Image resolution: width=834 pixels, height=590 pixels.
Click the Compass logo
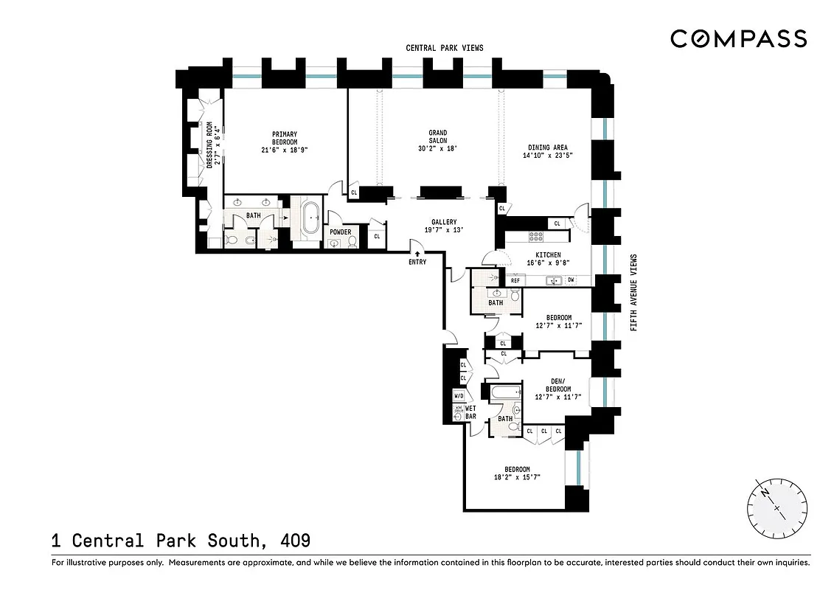click(x=738, y=38)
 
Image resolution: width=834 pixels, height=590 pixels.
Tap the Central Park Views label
click(x=445, y=48)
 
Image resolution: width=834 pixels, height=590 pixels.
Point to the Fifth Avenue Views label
click(x=634, y=292)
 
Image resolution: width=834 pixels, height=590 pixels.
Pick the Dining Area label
click(x=546, y=147)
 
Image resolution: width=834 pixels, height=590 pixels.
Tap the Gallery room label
click(x=444, y=222)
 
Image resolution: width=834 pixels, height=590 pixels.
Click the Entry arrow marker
click(x=417, y=254)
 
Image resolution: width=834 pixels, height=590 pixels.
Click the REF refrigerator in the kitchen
click(x=515, y=280)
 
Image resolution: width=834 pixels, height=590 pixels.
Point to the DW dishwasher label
click(x=571, y=280)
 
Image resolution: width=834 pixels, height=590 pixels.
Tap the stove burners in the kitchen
click(x=536, y=237)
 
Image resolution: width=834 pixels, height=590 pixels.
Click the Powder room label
click(x=340, y=232)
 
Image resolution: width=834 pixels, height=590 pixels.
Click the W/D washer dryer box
click(x=459, y=396)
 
